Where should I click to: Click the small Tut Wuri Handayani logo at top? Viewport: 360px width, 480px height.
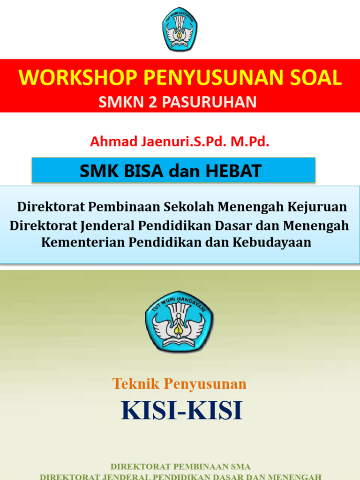point(180,29)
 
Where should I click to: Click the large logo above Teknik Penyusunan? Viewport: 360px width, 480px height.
point(180,321)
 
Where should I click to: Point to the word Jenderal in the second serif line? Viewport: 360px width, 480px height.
point(107,225)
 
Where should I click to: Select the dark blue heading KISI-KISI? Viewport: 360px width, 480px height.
point(182,411)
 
